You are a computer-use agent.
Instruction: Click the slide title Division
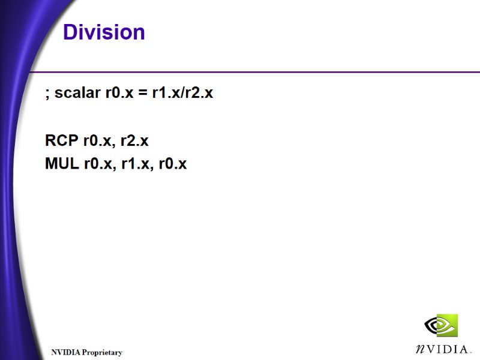104,32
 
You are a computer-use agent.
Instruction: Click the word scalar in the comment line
77,94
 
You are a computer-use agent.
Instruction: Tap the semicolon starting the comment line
47,95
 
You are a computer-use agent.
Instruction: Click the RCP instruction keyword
62,141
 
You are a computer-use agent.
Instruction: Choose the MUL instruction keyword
62,163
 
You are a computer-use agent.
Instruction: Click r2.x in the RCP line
134,142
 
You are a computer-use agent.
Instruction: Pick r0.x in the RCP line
98,142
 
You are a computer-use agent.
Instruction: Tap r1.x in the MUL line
135,163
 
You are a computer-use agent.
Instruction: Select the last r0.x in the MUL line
172,163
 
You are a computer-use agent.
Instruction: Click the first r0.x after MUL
98,163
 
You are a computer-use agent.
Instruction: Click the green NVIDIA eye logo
441,326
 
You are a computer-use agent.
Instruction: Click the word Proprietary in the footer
103,353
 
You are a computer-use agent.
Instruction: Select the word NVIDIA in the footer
65,353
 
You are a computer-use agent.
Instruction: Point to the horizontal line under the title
252,72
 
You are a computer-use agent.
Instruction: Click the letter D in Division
70,32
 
